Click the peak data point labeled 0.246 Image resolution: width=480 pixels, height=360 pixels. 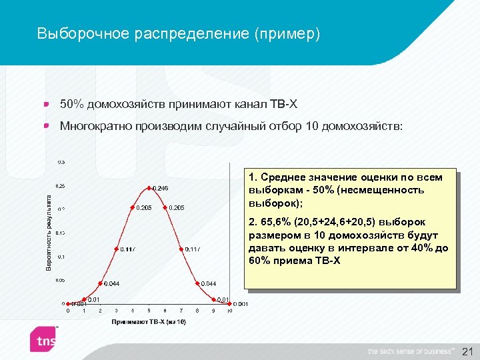click(x=149, y=187)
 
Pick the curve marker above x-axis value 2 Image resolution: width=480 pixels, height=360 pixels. click(x=100, y=283)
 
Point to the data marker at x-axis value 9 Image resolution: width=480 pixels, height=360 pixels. click(x=214, y=299)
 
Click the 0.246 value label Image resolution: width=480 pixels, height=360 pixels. click(x=161, y=189)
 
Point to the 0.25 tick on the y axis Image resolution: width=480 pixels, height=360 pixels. click(x=61, y=185)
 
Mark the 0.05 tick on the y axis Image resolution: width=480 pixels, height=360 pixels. click(x=61, y=281)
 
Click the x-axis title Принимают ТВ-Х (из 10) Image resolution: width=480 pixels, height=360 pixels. click(x=149, y=322)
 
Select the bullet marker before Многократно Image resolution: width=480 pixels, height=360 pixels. click(x=47, y=125)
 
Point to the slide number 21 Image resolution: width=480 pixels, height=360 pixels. click(x=466, y=351)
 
